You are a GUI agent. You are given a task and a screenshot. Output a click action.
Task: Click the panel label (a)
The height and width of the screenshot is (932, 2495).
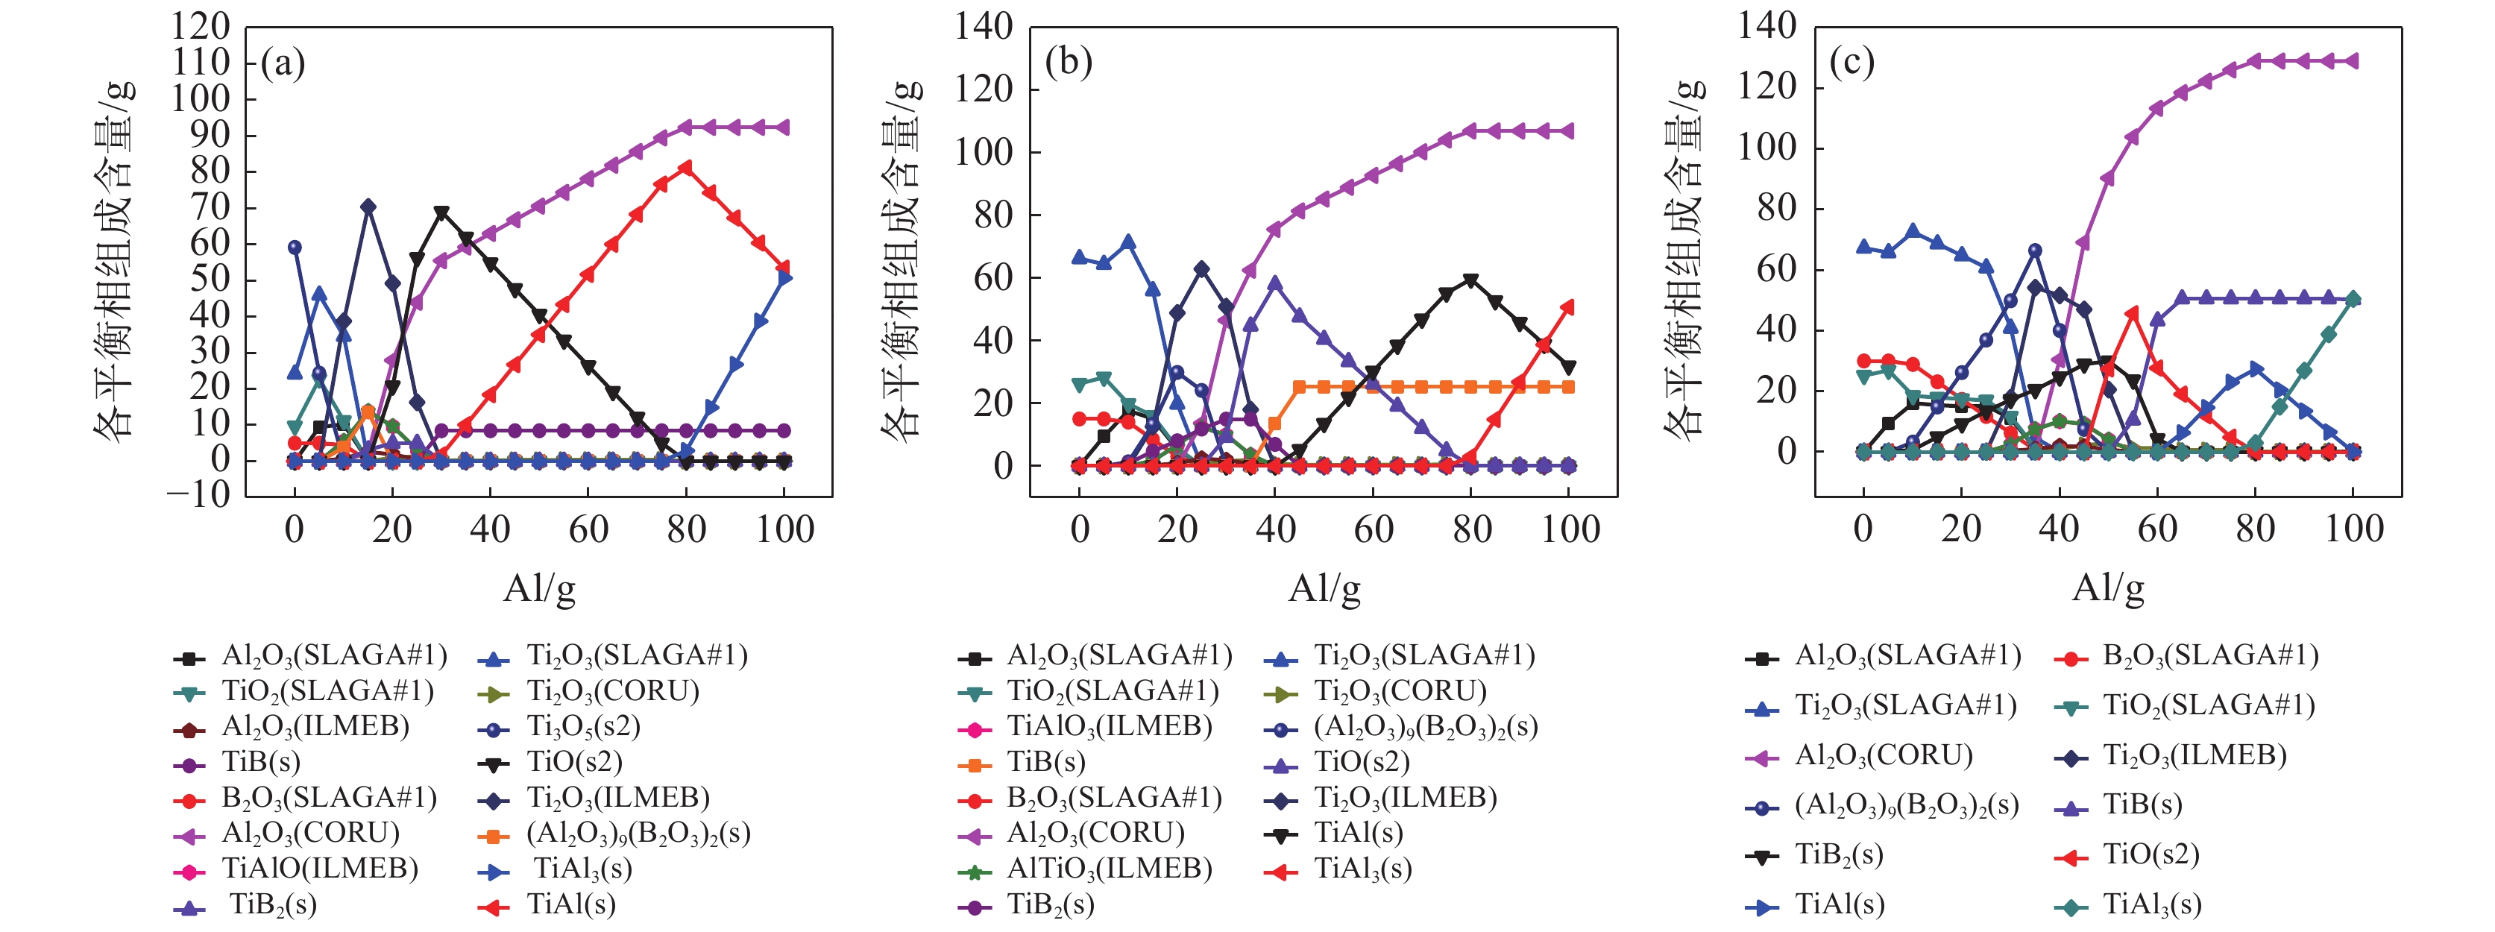pos(283,64)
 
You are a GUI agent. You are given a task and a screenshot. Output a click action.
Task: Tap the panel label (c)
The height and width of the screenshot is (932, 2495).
pos(1851,62)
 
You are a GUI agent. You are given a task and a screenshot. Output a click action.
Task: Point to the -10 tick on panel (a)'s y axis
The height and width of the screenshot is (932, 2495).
pos(198,495)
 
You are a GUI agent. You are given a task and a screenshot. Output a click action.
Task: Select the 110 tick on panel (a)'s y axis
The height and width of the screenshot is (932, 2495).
pos(201,63)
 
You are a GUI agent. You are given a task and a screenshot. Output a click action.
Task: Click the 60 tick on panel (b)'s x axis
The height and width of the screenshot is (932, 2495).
pos(1373,529)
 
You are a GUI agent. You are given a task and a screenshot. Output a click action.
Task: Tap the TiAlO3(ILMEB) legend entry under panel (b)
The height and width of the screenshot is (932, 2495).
pos(1109,727)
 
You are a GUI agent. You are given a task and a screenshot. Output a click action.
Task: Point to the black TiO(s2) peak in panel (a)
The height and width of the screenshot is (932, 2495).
pos(441,212)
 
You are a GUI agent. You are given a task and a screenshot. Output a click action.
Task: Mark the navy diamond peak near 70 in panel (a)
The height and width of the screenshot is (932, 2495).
pos(368,207)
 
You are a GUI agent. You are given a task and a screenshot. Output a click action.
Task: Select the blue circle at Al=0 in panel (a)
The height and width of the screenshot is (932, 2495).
pos(295,247)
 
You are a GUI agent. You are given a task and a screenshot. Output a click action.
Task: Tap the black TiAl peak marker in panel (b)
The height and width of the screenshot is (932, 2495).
pos(1470,281)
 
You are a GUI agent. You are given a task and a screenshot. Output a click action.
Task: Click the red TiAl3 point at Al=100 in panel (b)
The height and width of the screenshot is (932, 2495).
pos(1568,307)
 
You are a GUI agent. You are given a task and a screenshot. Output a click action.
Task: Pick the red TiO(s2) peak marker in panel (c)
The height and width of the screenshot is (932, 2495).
pos(2132,314)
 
